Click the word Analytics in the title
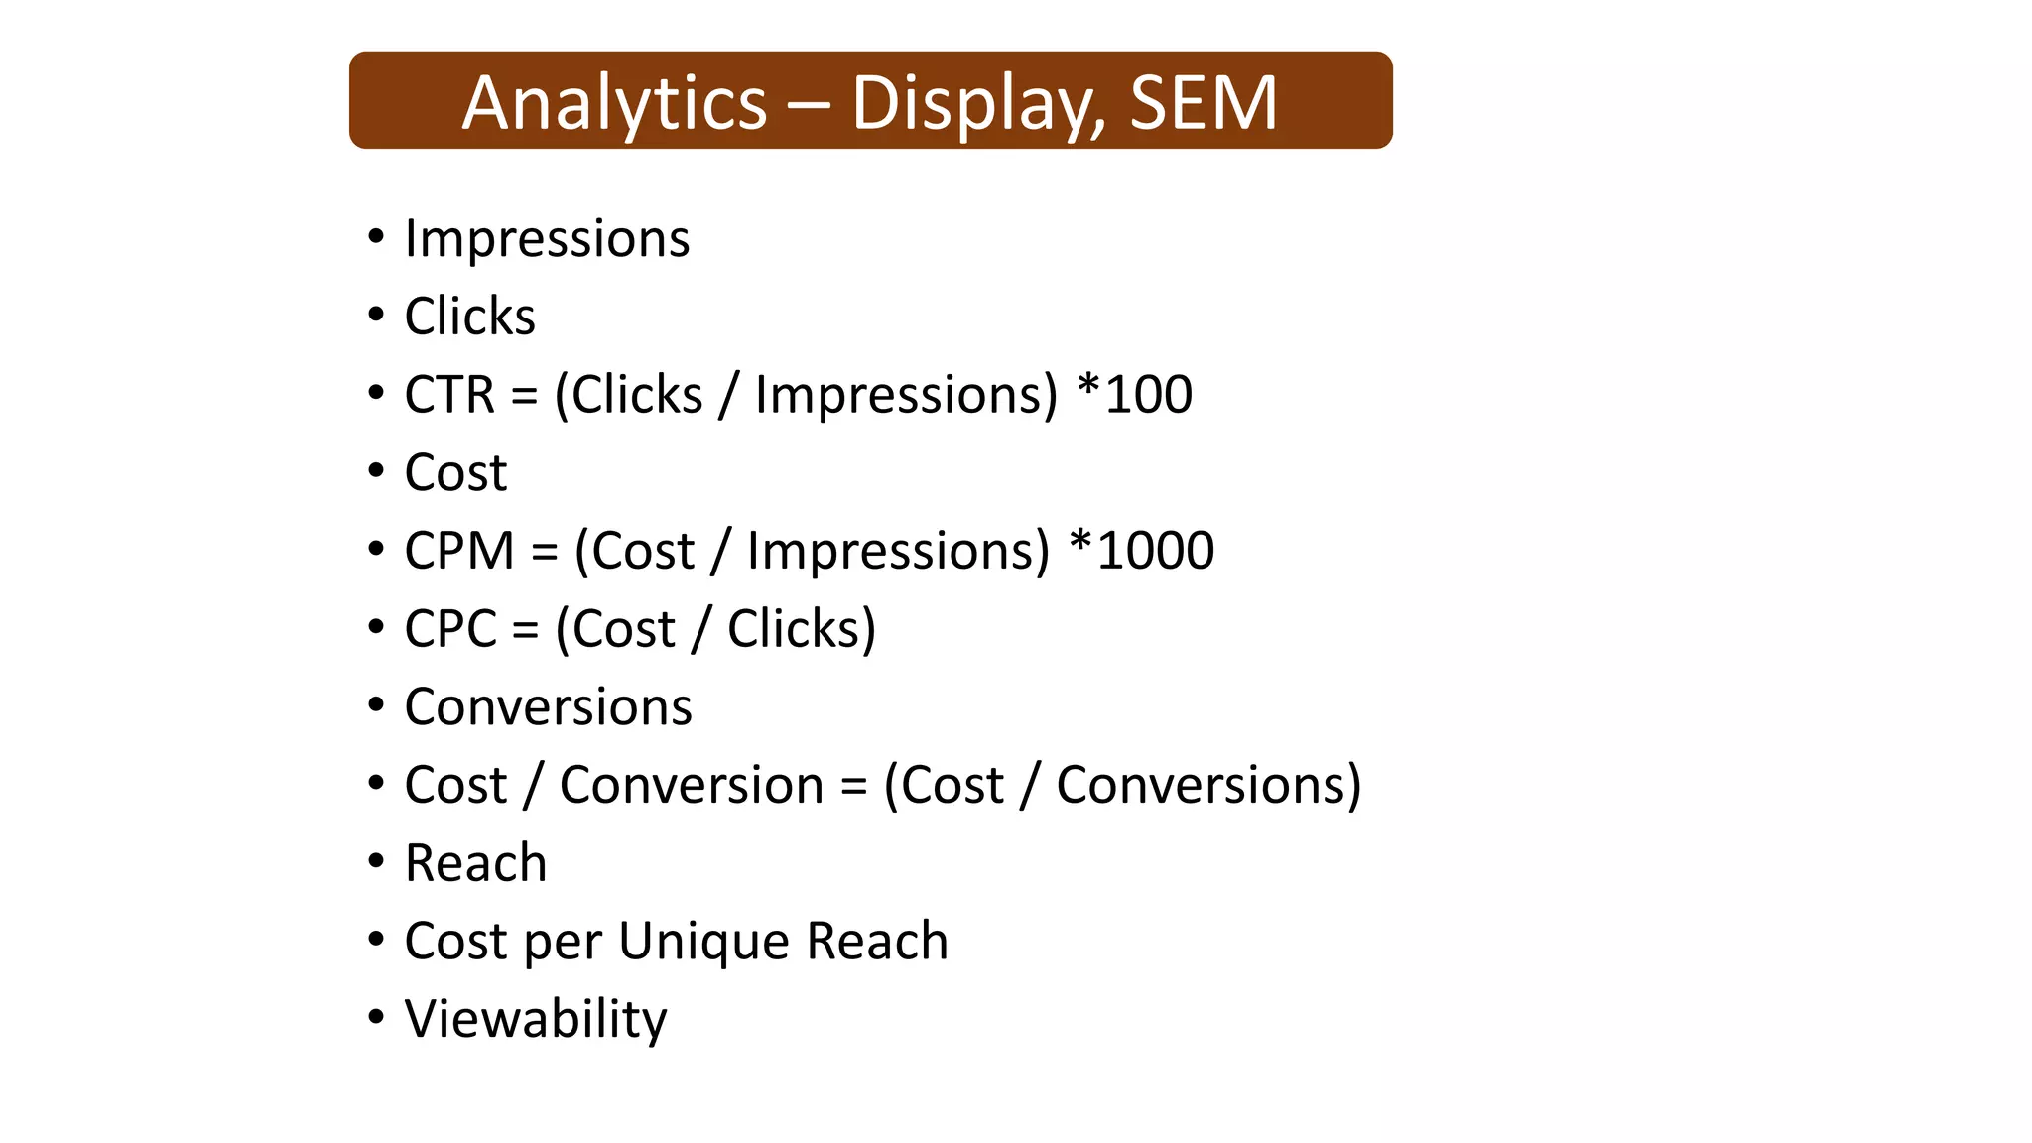(614, 103)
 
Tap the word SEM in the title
(1203, 103)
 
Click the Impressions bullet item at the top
(547, 239)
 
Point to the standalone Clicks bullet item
(469, 317)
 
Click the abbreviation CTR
(448, 395)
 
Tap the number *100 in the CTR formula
(1135, 395)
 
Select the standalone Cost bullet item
(455, 472)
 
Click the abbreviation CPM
(458, 551)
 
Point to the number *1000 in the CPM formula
(1142, 551)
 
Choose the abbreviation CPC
(449, 629)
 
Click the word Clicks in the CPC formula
(802, 629)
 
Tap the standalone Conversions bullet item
(548, 706)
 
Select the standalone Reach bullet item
(475, 863)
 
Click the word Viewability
(536, 1019)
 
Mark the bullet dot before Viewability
(375, 1017)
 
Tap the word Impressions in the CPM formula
(897, 551)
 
